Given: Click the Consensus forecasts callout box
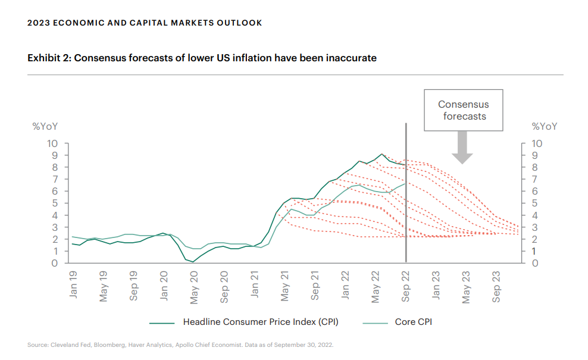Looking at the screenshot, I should point(464,110).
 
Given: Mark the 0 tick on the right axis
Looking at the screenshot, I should point(536,263).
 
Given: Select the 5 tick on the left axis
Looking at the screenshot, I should point(55,203).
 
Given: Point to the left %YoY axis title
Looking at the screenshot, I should point(45,126).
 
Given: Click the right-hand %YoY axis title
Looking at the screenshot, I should point(544,126).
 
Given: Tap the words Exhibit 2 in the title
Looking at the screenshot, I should point(48,58).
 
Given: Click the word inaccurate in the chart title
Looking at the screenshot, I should point(351,58).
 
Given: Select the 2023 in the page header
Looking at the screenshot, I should point(38,23).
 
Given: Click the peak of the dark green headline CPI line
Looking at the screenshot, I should point(382,154).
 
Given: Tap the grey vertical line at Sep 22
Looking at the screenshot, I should point(406,196).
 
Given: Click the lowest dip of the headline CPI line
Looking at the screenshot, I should point(193,262).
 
